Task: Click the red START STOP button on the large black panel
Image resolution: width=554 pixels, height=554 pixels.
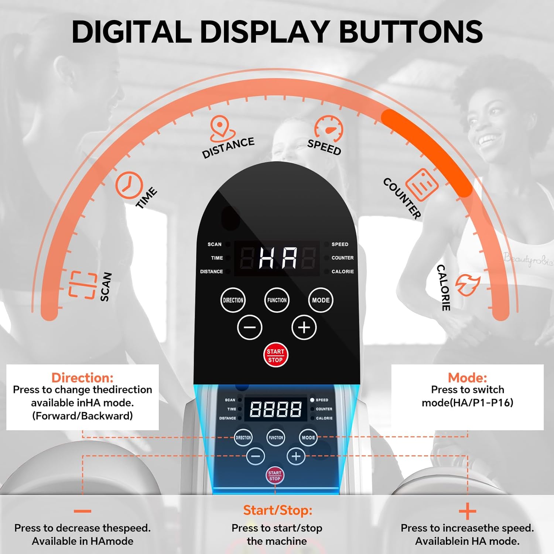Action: [276, 355]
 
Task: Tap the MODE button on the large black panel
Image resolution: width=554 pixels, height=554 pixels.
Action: [321, 300]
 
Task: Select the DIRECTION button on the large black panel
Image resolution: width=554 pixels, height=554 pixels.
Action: [233, 300]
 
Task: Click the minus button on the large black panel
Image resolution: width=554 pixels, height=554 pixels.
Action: [250, 327]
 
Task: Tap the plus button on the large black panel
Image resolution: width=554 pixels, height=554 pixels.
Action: [304, 327]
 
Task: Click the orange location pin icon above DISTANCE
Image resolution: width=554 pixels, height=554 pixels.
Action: [222, 129]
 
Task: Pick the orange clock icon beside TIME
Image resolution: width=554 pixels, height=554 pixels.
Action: [129, 185]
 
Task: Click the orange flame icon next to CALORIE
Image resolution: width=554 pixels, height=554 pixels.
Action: [468, 284]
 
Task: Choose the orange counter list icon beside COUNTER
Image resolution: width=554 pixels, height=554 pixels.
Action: [422, 184]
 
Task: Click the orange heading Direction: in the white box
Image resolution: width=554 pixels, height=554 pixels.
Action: [82, 377]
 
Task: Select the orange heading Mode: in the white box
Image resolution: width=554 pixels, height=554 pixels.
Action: [467, 377]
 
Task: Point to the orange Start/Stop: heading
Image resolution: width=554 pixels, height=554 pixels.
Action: [278, 510]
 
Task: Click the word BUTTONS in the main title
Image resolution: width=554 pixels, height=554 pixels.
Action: [411, 31]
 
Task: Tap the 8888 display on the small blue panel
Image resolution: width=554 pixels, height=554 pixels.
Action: [276, 409]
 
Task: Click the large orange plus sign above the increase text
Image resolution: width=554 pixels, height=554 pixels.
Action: [468, 512]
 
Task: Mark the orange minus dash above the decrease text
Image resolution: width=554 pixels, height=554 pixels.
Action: [82, 511]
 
